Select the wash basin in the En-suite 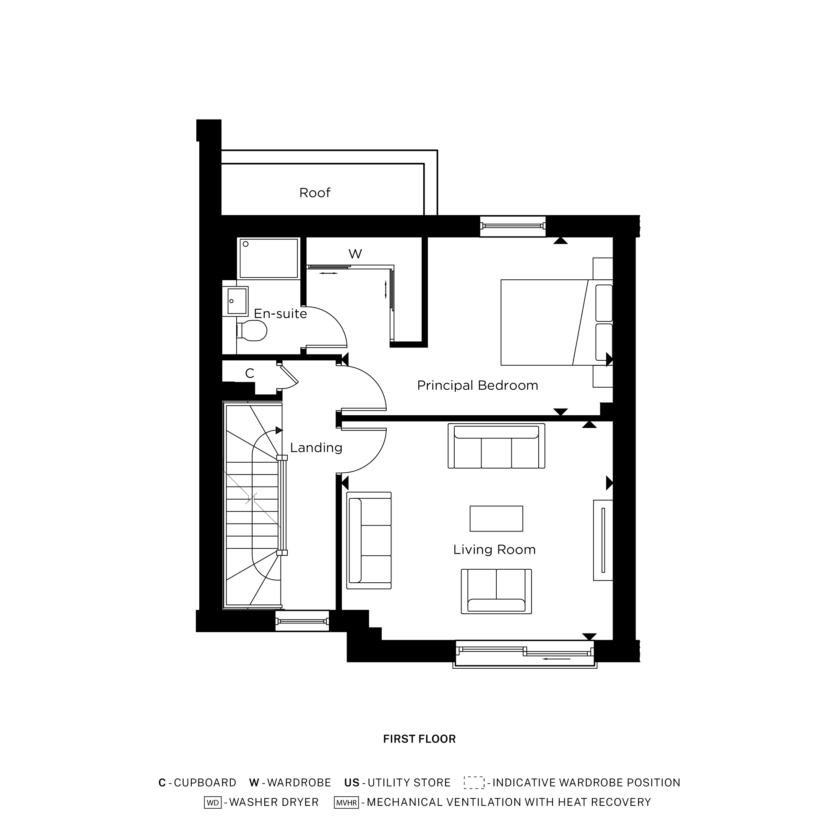point(237,301)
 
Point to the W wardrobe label point(355,254)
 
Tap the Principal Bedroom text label point(477,386)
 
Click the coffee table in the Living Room point(496,519)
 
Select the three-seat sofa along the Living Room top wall point(496,446)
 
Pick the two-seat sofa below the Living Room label point(496,591)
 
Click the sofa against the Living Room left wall point(369,540)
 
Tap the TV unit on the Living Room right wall point(603,540)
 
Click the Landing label point(316,448)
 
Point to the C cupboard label point(249,373)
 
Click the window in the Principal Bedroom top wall point(513,226)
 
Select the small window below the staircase point(302,621)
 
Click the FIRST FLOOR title point(419,739)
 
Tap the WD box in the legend point(213,803)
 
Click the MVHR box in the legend point(346,803)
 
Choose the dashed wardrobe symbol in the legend point(474,782)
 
